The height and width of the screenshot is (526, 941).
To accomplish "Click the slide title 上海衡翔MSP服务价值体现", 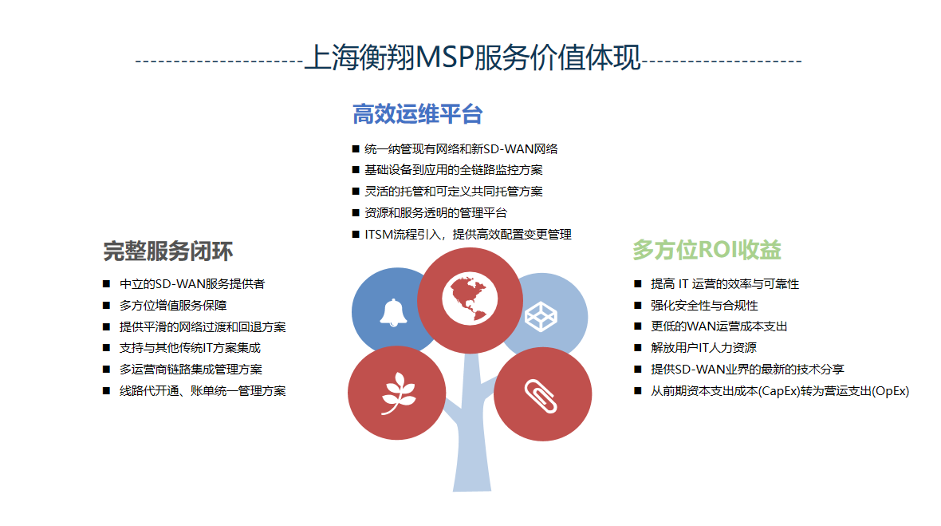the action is pyautogui.click(x=472, y=58).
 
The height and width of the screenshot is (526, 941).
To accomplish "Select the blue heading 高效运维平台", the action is pyautogui.click(x=418, y=114).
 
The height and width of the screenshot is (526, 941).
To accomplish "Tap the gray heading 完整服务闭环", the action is pyautogui.click(x=168, y=251).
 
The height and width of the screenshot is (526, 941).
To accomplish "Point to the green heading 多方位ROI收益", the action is pyautogui.click(x=707, y=250).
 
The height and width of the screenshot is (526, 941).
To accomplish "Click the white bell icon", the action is pyautogui.click(x=393, y=313).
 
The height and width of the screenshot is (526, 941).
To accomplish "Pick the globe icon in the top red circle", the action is pyautogui.click(x=470, y=299).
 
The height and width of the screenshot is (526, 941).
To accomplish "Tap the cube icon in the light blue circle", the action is pyautogui.click(x=541, y=317).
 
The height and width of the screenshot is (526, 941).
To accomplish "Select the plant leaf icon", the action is pyautogui.click(x=399, y=394).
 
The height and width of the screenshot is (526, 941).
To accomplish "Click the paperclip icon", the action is pyautogui.click(x=541, y=397).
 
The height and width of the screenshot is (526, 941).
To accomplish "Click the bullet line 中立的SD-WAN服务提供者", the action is pyautogui.click(x=192, y=284).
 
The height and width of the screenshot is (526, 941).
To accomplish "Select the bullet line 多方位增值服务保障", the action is pyautogui.click(x=173, y=306).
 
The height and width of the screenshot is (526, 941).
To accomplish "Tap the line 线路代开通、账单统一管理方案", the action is pyautogui.click(x=203, y=391).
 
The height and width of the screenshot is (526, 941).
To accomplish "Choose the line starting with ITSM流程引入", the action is pyautogui.click(x=468, y=234).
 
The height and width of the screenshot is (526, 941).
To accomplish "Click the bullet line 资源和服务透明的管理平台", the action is pyautogui.click(x=435, y=212).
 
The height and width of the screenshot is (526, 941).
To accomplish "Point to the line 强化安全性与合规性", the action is pyautogui.click(x=704, y=306).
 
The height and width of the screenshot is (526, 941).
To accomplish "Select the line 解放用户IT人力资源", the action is pyautogui.click(x=703, y=348).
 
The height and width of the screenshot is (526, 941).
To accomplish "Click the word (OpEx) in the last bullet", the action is pyautogui.click(x=891, y=391).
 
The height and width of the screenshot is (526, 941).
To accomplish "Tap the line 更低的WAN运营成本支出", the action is pyautogui.click(x=719, y=326).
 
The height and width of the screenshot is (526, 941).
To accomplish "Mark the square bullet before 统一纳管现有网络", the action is pyautogui.click(x=356, y=149).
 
